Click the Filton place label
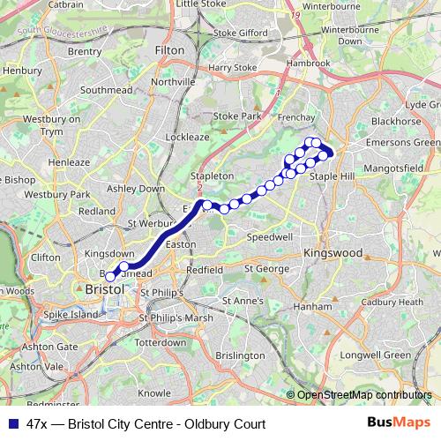pos(169,51)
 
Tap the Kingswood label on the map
pos(333,253)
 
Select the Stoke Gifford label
pos(237,34)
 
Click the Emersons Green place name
pos(403,143)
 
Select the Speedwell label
pos(270,237)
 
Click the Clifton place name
pos(46,258)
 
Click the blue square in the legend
pos(12,422)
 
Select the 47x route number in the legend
pos(37,422)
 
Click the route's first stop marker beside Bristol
pos(110,277)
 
